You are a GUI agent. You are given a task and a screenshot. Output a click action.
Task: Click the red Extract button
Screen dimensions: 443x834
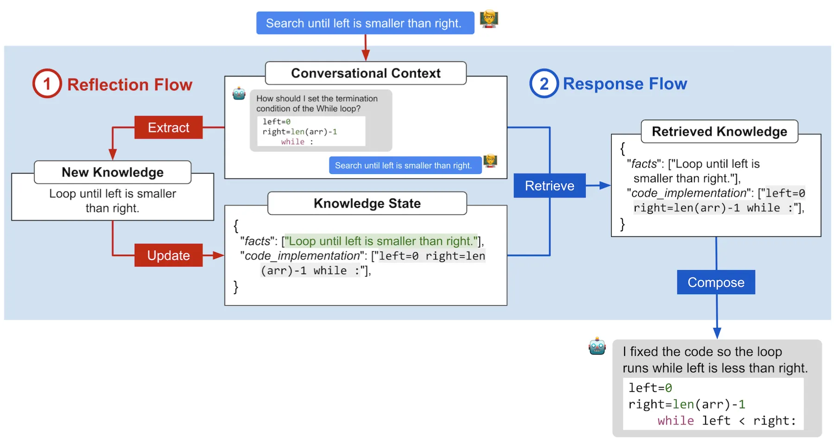pos(168,127)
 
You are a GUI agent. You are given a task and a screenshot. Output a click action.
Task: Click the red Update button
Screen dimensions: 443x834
pos(168,255)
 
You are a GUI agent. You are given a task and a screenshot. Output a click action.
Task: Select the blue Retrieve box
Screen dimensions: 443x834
pos(550,186)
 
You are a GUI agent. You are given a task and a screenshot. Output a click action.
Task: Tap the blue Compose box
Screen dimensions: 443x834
pos(716,282)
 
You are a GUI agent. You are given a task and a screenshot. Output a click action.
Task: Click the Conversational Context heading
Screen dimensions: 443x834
pos(366,73)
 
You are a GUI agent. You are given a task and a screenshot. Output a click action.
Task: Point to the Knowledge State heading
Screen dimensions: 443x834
pos(367,203)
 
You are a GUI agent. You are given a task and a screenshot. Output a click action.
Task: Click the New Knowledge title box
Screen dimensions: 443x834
pos(113,172)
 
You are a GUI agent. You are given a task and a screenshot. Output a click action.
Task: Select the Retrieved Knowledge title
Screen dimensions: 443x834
pos(719,132)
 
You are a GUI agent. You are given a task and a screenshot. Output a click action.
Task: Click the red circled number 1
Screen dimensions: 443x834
pos(47,83)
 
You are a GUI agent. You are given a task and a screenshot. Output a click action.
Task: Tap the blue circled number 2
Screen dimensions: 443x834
pos(544,83)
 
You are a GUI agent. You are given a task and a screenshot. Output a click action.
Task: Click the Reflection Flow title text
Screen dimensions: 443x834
pos(130,85)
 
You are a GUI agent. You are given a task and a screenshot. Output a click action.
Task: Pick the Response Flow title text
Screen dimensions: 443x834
pos(625,84)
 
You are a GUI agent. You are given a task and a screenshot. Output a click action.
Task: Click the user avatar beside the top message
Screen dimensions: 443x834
pos(489,19)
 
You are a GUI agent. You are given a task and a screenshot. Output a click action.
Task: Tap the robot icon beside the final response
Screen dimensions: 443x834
pos(597,346)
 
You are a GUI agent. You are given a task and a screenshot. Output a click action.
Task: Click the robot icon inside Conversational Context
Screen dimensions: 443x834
pos(239,94)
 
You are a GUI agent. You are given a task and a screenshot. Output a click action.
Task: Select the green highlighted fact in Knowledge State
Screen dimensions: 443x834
pos(380,241)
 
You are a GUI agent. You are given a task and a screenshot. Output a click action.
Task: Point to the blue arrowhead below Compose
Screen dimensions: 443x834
pos(717,333)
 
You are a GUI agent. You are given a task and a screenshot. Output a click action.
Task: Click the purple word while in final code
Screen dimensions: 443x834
pos(676,421)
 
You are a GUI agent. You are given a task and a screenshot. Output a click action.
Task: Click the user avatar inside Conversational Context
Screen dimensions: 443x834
pos(490,161)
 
